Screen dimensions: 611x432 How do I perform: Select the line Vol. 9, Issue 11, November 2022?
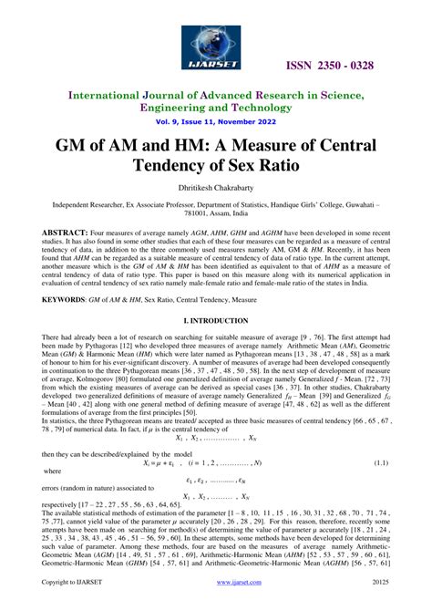coord(215,120)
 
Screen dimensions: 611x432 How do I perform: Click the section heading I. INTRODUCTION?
coord(215,322)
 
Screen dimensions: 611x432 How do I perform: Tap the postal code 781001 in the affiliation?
coord(168,216)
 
